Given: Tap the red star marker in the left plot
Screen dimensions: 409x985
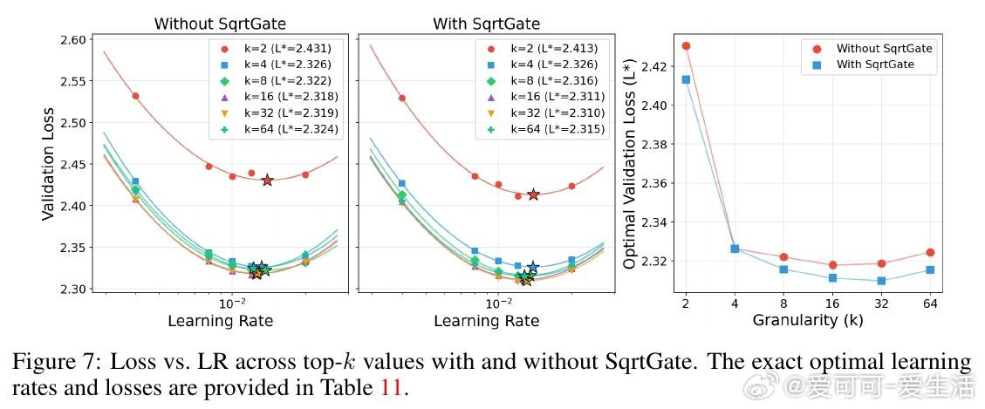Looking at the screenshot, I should coord(267,181).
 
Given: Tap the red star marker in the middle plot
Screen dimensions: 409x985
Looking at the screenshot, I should coord(533,194).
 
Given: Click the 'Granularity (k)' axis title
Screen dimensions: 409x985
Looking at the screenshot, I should coord(808,320).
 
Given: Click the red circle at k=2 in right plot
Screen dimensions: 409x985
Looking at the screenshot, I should coord(686,46).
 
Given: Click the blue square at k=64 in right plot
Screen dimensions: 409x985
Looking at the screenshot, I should coord(930,269).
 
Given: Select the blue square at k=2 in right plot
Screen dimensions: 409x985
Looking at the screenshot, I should coord(686,79).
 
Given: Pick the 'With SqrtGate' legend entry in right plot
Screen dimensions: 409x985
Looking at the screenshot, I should coord(872,65).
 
